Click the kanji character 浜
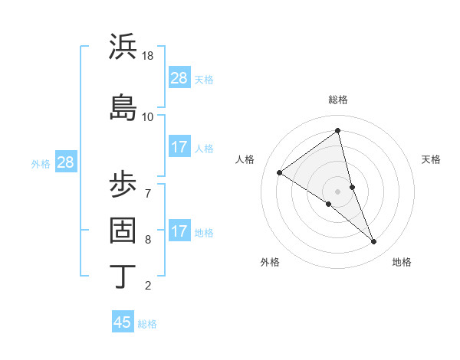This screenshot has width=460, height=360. point(123,47)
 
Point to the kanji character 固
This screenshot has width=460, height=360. point(123,230)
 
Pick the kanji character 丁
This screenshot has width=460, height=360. point(123,276)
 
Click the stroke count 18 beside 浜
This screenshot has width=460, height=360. point(148,57)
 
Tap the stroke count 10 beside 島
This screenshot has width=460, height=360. point(148,116)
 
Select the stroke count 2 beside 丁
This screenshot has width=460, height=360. point(148,286)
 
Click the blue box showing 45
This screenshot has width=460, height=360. point(123,322)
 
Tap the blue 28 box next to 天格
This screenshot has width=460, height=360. point(179,78)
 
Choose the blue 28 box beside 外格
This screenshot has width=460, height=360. point(65,162)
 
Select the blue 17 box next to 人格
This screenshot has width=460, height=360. point(179,147)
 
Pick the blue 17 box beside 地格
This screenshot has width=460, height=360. point(179,231)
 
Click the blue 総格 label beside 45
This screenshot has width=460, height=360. point(147,324)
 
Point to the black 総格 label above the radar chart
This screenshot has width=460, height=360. point(338,100)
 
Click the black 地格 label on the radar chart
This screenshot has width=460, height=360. point(402,262)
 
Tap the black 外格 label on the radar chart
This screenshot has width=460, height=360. point(270,262)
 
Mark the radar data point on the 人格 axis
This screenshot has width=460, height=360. point(280,172)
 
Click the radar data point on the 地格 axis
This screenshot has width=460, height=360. point(374,242)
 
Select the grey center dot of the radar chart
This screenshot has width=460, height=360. point(337,191)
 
